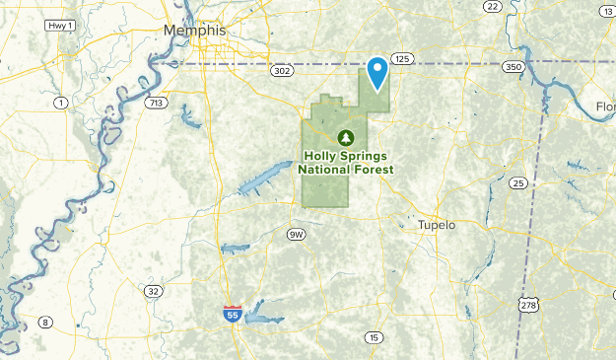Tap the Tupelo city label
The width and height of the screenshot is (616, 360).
437,225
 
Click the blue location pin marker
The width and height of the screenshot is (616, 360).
376,72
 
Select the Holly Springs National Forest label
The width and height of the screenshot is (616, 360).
347,163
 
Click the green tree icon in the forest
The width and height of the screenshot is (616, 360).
346,137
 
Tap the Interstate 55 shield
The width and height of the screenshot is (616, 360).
231,314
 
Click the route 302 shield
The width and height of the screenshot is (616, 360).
283,71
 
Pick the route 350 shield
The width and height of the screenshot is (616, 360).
512,66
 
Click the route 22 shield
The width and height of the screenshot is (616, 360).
492,6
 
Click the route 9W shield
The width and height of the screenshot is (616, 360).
297,234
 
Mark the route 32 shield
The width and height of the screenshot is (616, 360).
152,291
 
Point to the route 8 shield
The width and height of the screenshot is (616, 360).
45,323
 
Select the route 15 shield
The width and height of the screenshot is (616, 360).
373,337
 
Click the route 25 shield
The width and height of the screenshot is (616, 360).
517,182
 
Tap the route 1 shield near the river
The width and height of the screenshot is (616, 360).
61,103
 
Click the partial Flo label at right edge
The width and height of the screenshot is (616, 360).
604,107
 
